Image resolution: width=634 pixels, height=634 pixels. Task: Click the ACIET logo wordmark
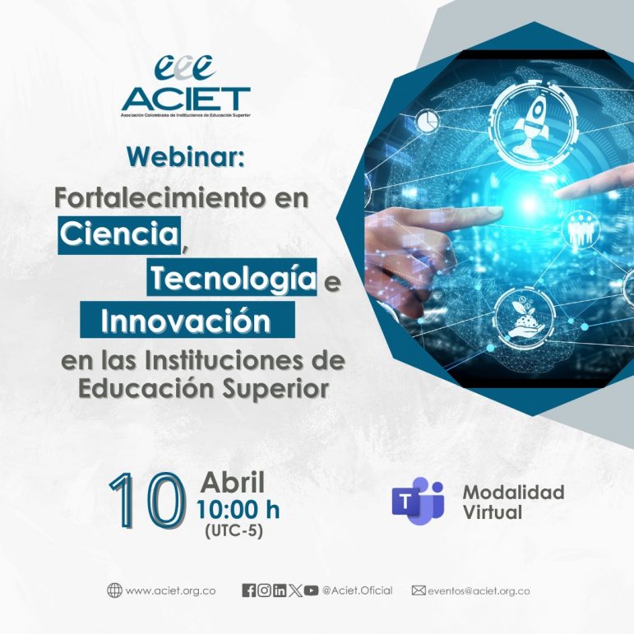tap(186, 99)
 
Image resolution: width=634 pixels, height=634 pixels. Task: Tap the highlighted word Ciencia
tap(120, 234)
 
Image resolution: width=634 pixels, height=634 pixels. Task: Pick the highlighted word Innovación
tap(186, 322)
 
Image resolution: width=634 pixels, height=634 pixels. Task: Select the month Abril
tap(233, 483)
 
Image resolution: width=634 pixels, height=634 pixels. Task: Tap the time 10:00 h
tap(238, 510)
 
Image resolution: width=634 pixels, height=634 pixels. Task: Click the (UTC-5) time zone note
tap(234, 531)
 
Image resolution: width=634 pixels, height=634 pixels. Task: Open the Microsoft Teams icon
tap(418, 501)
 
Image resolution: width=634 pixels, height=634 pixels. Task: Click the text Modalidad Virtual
tap(513, 502)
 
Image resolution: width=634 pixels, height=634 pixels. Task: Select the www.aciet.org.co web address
tap(171, 590)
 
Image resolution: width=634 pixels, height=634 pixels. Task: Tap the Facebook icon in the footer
tap(248, 590)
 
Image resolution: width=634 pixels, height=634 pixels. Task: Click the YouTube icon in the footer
tap(311, 590)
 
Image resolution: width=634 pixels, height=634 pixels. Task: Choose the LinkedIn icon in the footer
tap(280, 590)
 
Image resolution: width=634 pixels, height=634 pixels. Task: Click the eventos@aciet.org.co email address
tap(479, 590)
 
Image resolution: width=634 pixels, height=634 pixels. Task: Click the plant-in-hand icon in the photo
tap(524, 319)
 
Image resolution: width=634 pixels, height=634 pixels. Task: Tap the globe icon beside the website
tap(114, 590)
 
